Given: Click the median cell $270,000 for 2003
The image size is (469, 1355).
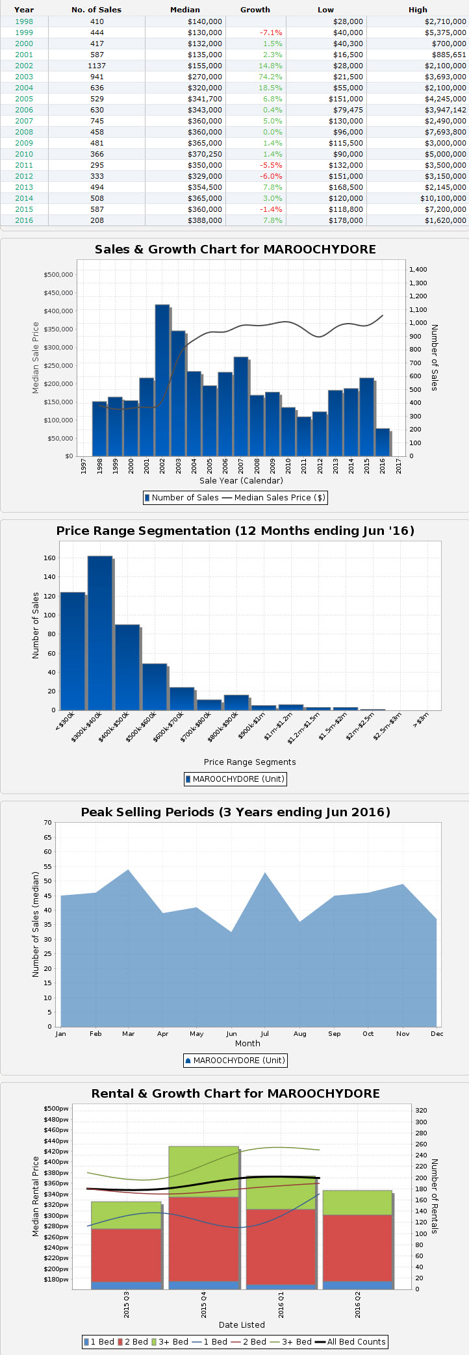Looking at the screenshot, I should [x=205, y=77].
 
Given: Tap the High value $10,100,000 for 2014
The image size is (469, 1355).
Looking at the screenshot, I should [x=443, y=198].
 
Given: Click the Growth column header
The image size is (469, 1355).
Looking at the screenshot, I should [x=255, y=10].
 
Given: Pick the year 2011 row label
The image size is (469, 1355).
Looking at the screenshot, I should [x=24, y=165].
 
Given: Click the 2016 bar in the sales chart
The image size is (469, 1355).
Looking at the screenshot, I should [x=383, y=442].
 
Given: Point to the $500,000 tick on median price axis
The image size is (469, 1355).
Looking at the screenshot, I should [x=58, y=274].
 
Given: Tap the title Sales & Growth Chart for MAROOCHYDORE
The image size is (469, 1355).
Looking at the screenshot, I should [x=235, y=250].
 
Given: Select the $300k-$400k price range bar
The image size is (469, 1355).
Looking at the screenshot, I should [x=100, y=633].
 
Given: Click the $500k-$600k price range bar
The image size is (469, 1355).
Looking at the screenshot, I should [x=155, y=687].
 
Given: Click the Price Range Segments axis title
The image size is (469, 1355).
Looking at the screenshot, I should [x=249, y=762].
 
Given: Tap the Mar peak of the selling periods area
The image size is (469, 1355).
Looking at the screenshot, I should [x=128, y=871].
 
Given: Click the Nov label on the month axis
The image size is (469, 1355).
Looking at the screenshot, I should [x=403, y=1033].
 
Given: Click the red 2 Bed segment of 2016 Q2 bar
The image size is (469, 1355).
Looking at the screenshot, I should [x=357, y=1248].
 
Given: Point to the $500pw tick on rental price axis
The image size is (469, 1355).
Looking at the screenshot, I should [x=56, y=1109].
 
